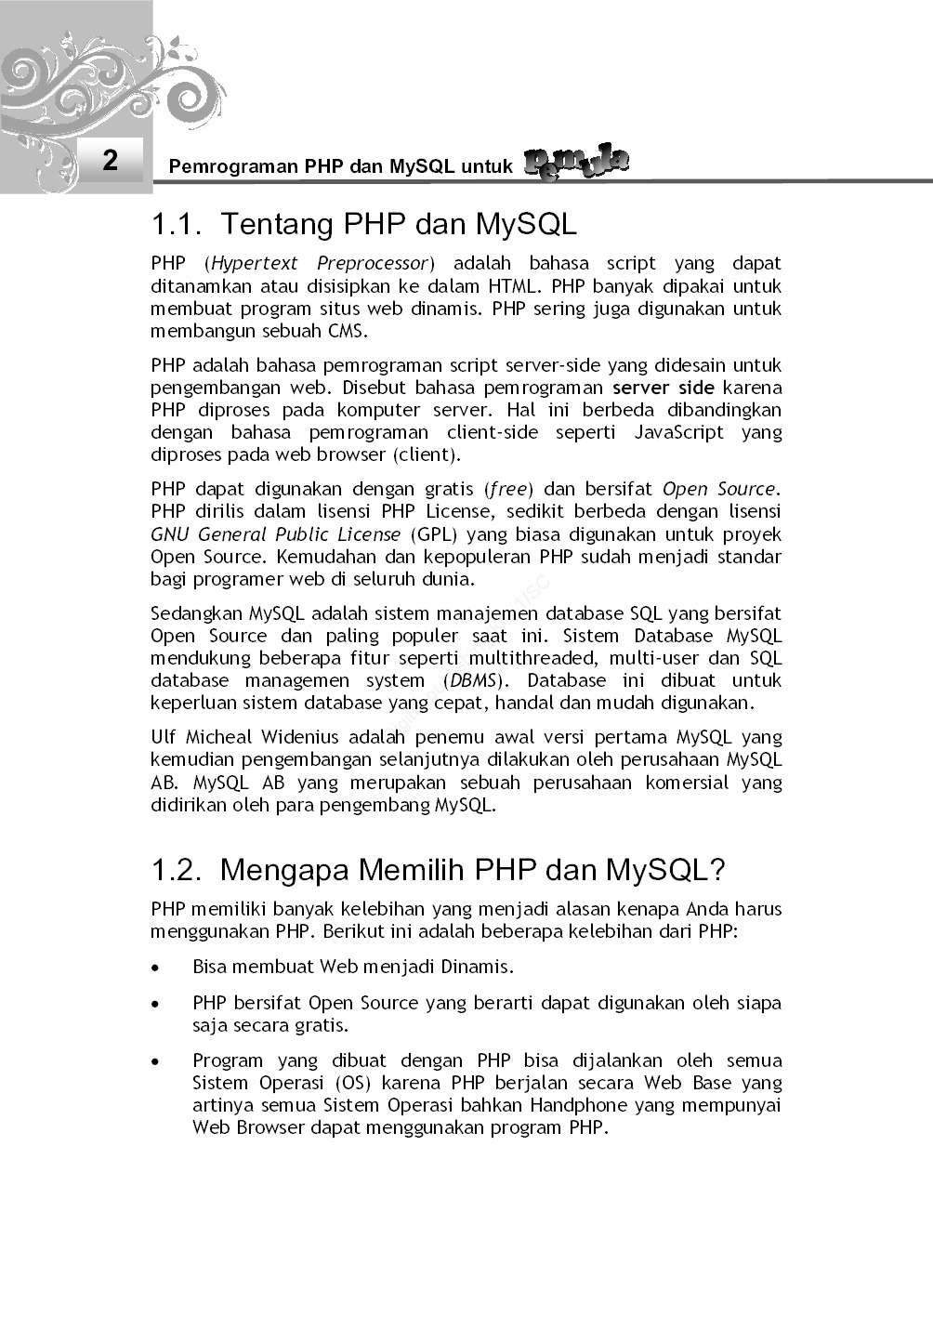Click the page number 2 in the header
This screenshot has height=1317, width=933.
pyautogui.click(x=111, y=160)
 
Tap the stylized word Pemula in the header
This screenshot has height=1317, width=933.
pyautogui.click(x=576, y=163)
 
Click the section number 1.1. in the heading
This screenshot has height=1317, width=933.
pyautogui.click(x=177, y=224)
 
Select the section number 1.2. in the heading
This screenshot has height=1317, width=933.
pyautogui.click(x=177, y=870)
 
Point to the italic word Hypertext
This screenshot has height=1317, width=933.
pyautogui.click(x=255, y=263)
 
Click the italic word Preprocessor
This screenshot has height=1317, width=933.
pyautogui.click(x=373, y=263)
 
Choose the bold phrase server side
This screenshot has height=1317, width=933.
pyautogui.click(x=663, y=388)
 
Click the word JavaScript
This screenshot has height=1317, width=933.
pyautogui.click(x=678, y=432)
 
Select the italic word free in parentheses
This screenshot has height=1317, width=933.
pyautogui.click(x=508, y=489)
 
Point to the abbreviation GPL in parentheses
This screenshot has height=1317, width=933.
pyautogui.click(x=432, y=534)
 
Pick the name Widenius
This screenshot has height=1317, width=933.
pyautogui.click(x=299, y=737)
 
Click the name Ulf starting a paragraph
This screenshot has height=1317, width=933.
pyautogui.click(x=163, y=737)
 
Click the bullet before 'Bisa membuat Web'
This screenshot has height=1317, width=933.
pyautogui.click(x=156, y=968)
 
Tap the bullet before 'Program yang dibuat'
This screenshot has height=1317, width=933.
pyautogui.click(x=156, y=1061)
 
